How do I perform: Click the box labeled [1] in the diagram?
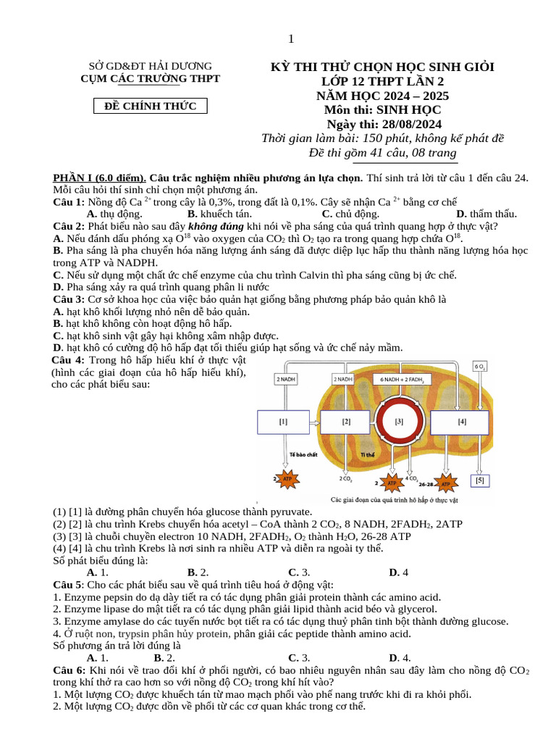coord(283,421)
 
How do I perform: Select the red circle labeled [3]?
coord(399,421)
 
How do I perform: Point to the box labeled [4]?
coord(462,421)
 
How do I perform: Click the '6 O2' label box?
coord(481,367)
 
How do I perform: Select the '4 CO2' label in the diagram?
coord(410,478)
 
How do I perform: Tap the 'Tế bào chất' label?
coord(303,455)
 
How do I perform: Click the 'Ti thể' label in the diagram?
coord(367,455)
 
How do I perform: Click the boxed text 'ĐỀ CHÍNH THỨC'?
coord(151,107)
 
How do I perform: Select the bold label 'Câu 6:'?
coord(69,671)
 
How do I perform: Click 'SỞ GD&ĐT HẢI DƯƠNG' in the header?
coord(151,66)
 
